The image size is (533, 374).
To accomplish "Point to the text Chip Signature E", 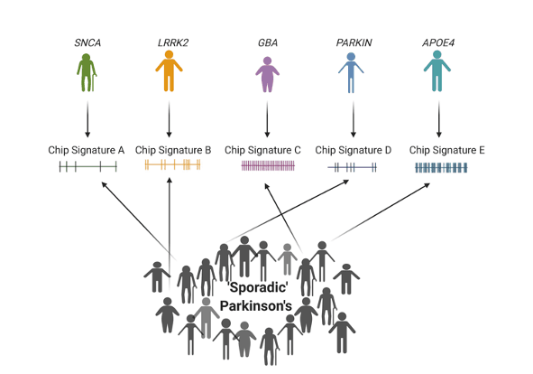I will (447, 148).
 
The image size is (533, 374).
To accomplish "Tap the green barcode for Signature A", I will (88, 167).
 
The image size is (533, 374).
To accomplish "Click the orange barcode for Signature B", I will (172, 166).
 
